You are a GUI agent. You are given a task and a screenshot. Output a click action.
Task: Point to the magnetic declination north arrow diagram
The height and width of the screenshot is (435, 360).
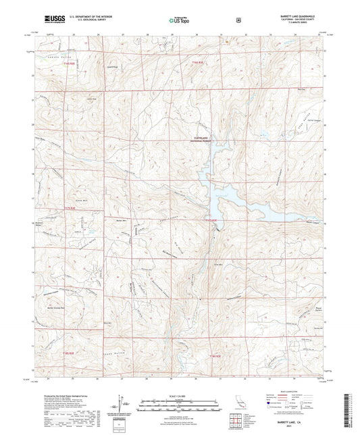[x=122, y=402]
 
